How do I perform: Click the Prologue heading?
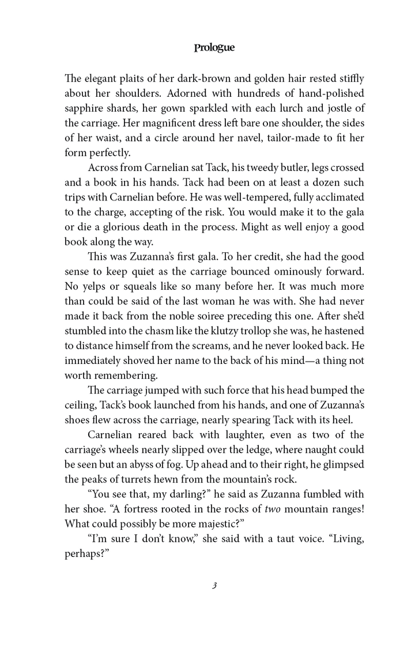click(214, 48)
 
